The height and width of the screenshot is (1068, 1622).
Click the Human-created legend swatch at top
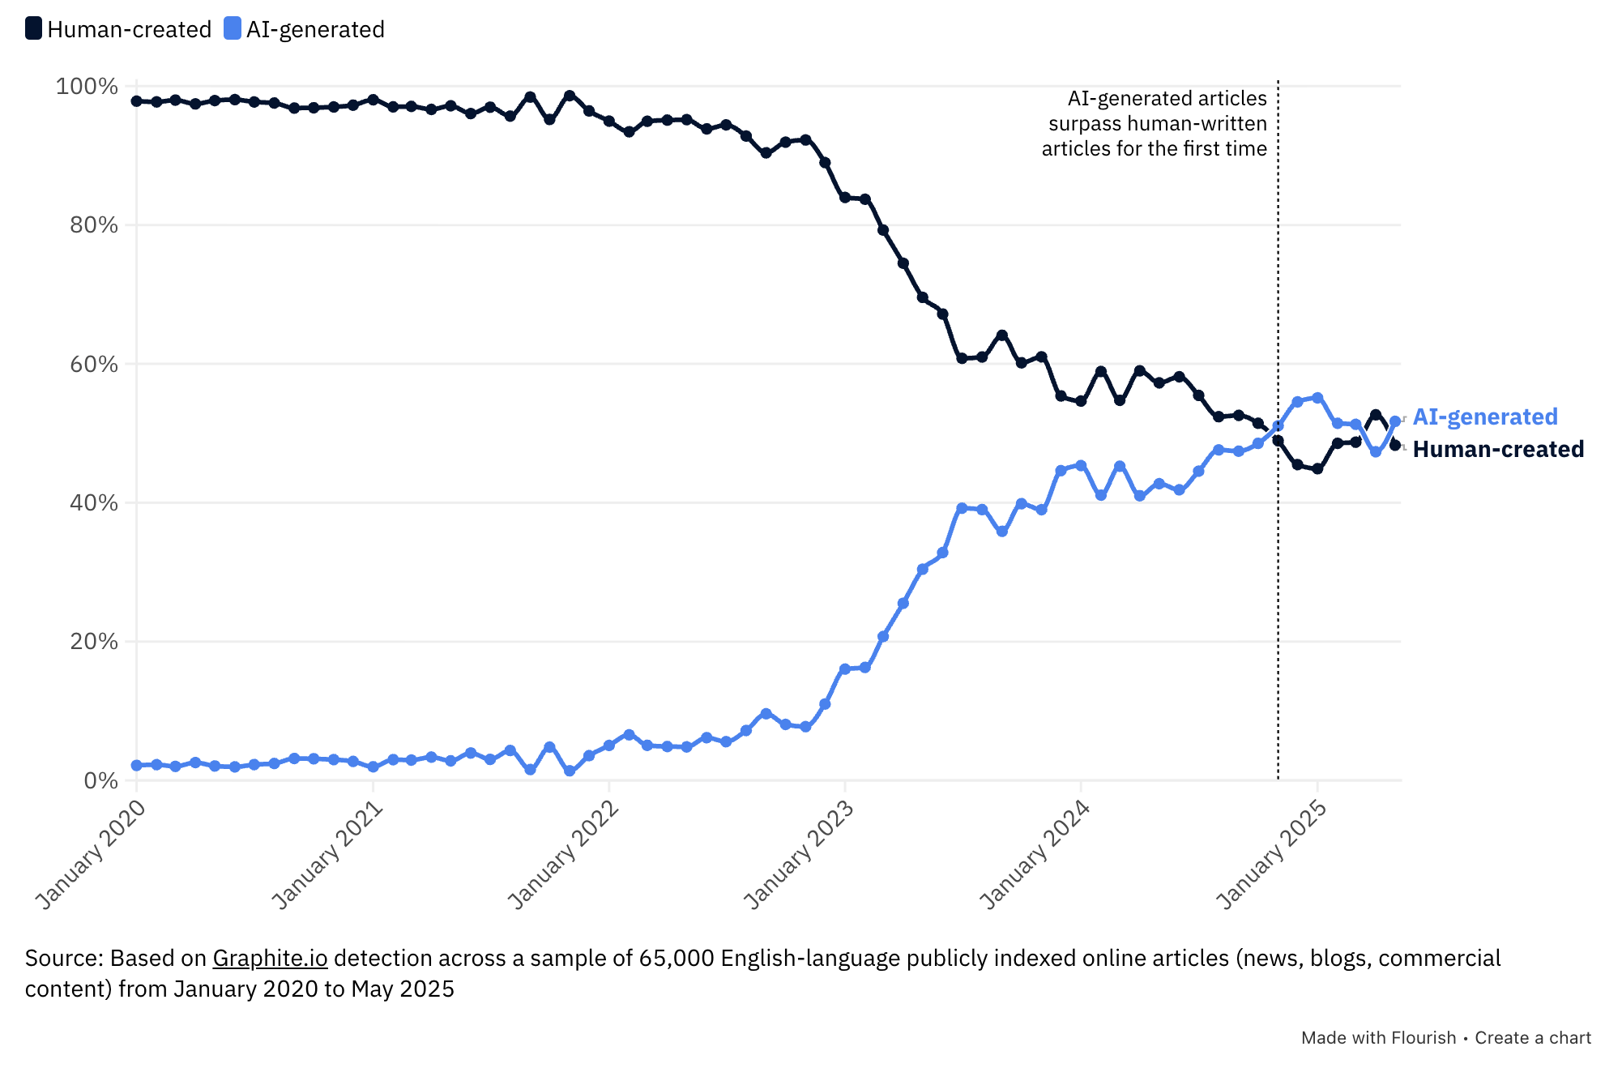click(33, 29)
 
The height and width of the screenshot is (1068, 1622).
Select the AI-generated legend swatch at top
click(233, 29)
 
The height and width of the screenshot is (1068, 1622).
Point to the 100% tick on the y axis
click(87, 87)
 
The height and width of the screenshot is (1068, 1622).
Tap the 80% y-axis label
click(94, 225)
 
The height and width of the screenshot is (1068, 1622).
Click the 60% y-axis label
click(94, 365)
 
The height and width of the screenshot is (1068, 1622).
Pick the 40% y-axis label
click(94, 503)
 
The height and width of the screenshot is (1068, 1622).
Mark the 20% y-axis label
click(94, 642)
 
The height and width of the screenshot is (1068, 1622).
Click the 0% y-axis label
click(101, 780)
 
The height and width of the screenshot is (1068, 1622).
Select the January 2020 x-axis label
click(92, 854)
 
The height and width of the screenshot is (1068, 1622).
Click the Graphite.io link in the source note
click(270, 959)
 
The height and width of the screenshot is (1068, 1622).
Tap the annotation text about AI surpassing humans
click(1155, 123)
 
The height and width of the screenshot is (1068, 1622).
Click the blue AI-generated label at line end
click(1485, 417)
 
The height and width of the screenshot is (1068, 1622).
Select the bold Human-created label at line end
click(1498, 449)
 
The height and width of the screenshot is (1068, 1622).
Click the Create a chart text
click(1533, 1038)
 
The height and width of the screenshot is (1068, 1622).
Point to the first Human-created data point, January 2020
click(136, 101)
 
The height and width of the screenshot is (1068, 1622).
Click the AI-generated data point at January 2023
click(845, 669)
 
